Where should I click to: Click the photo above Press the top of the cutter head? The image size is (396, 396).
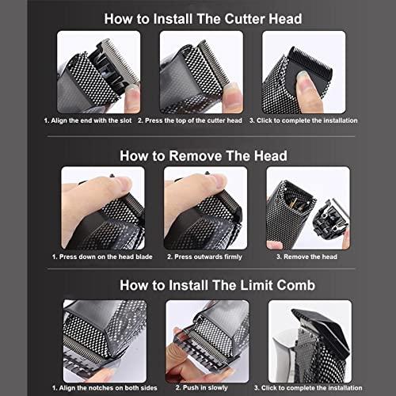coord(200,71)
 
